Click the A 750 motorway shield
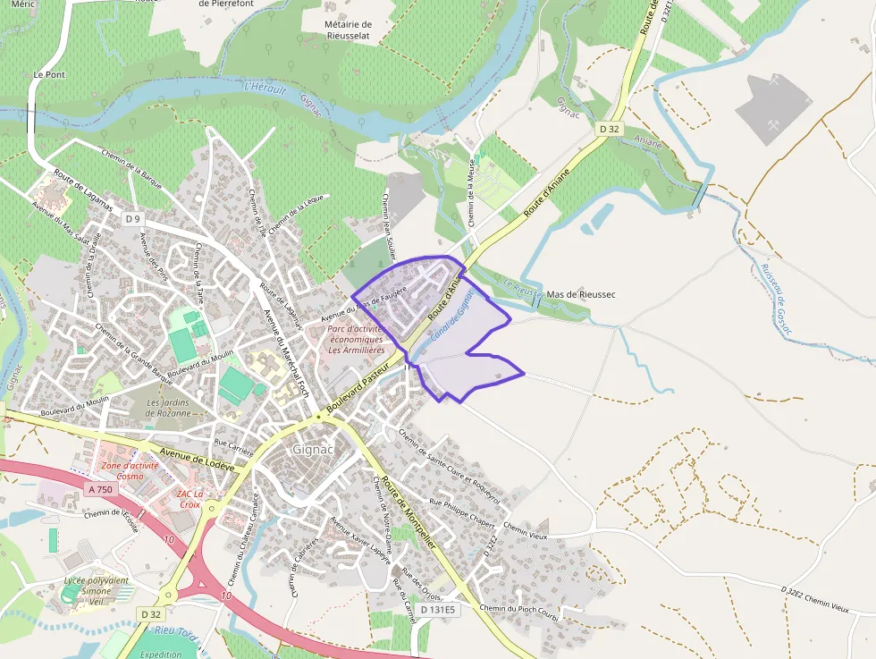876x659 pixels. point(101,489)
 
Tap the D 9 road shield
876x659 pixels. point(134,219)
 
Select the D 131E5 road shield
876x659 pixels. point(438,610)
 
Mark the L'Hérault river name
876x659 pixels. point(265,89)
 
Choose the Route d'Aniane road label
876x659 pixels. point(547,196)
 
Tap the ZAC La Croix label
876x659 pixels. point(190,499)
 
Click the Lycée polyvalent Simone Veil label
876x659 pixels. point(96,591)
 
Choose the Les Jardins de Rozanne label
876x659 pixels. point(169,408)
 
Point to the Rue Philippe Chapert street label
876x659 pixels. point(462,513)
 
